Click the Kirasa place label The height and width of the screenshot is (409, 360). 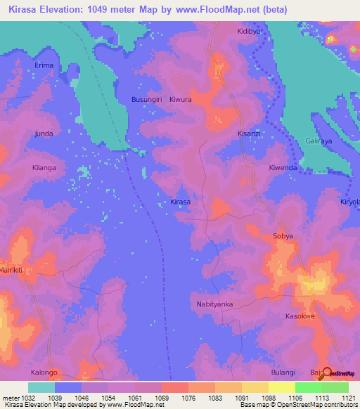[x=181, y=202]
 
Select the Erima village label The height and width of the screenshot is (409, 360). [x=44, y=65]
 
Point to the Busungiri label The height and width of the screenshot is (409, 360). [x=147, y=100]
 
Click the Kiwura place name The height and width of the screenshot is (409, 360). [x=181, y=100]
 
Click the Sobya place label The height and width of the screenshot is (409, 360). [x=283, y=237]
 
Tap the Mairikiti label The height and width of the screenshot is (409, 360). [x=12, y=270]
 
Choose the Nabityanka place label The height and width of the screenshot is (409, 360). [x=214, y=304]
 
